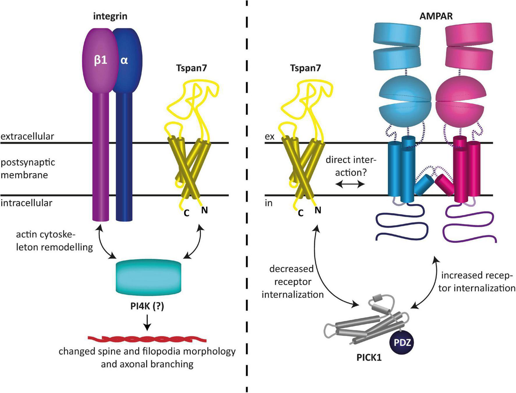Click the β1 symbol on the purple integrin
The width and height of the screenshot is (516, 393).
(101, 60)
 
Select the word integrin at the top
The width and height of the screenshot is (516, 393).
(110, 16)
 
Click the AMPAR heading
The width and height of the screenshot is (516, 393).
(436, 16)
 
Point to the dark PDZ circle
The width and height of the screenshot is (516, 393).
(402, 342)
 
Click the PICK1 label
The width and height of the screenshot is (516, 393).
(369, 357)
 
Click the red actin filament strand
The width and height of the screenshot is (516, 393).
(147, 339)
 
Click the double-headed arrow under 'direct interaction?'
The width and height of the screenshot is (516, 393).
(349, 184)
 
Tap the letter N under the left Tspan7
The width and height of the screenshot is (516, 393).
(204, 210)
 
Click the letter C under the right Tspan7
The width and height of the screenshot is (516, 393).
(301, 213)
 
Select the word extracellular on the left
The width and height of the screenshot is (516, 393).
(27, 136)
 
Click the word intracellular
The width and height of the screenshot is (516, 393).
(26, 203)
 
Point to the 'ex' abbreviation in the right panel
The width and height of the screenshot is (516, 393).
(269, 136)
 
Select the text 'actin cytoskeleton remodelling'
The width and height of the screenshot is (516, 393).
(54, 241)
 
